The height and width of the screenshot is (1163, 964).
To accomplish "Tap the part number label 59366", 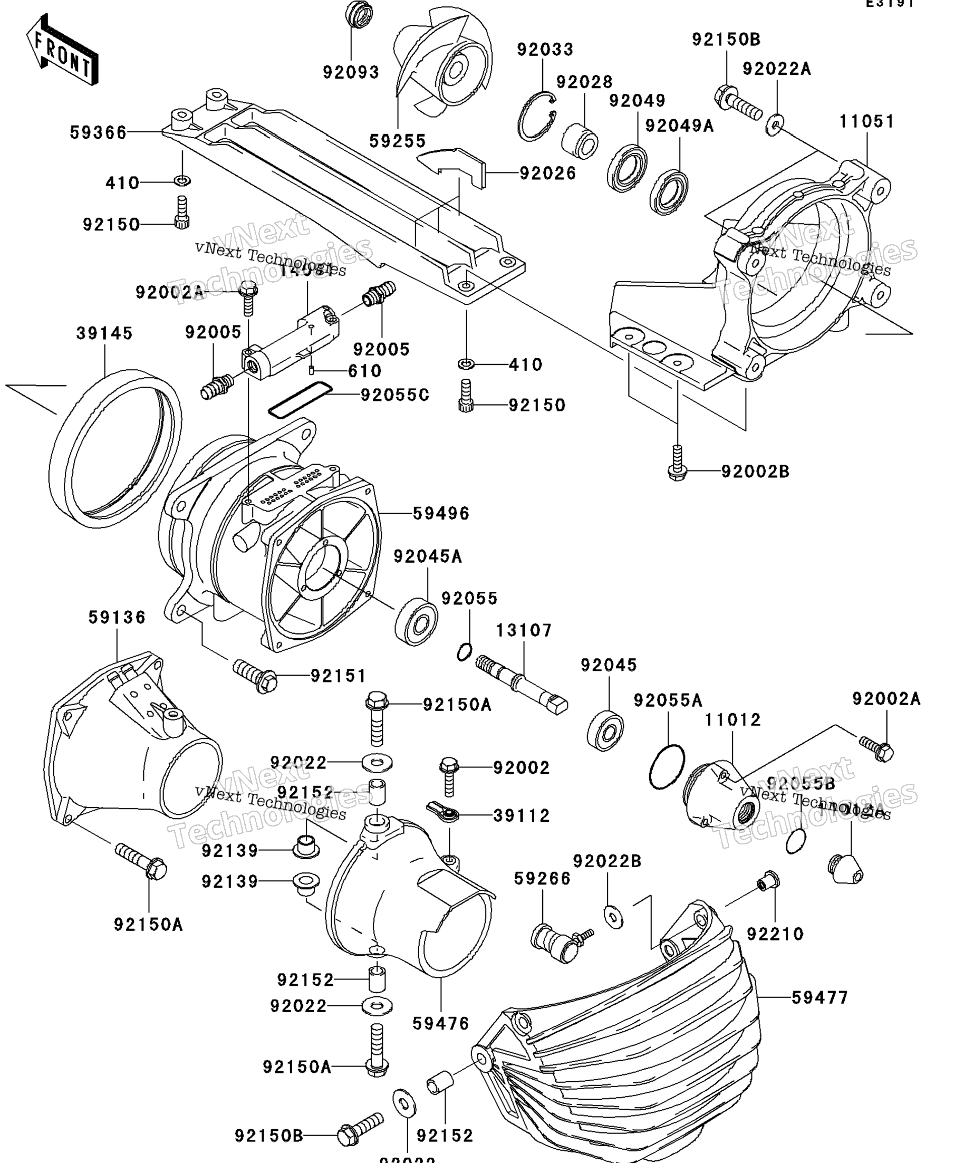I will pos(98,133).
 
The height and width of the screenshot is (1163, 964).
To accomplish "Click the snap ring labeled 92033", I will pos(536,116).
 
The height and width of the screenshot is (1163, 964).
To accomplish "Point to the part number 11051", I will pos(866,121).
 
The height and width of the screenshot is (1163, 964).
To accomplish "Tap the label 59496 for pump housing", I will pos(441,513).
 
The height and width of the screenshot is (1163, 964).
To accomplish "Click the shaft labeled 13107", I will pos(520,685).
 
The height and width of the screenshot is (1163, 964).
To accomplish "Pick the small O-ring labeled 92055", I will pos(465,652).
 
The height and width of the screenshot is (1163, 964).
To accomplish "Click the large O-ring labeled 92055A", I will pos(667,766).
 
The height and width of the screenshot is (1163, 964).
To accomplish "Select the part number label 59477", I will pos(820,998).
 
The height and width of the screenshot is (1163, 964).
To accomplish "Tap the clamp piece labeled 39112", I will pos(443,812).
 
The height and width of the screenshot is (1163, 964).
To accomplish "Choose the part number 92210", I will pos(775,934).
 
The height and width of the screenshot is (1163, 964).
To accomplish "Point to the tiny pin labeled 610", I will pos(311,370).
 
